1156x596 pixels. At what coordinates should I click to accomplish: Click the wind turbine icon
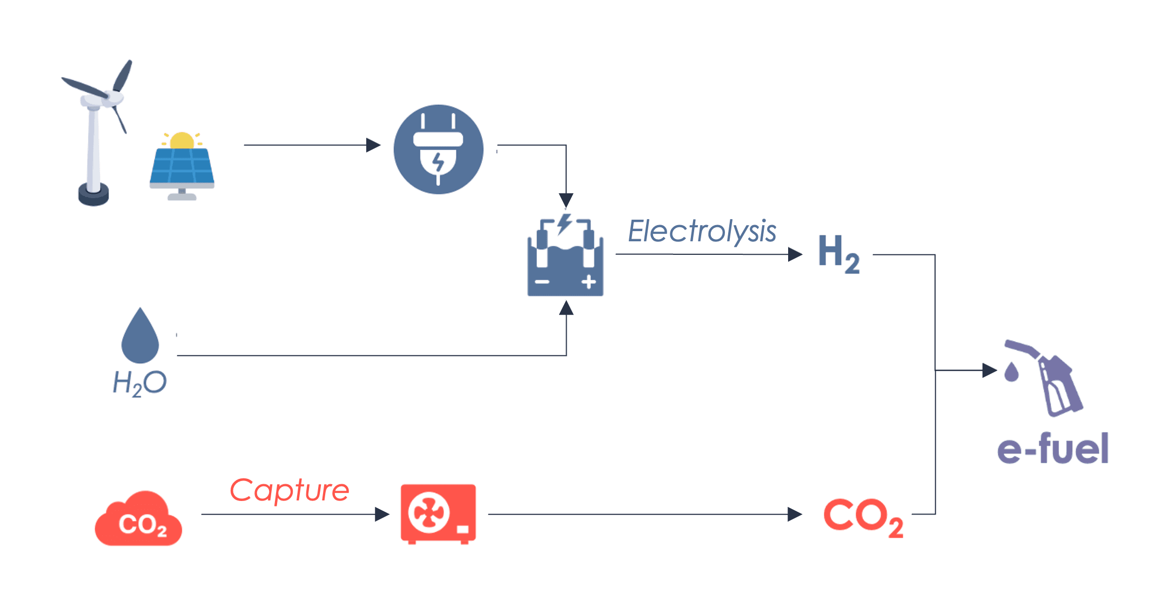(x=96, y=130)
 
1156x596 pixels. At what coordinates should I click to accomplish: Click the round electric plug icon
(x=438, y=149)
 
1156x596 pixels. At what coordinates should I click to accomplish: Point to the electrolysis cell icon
(x=565, y=258)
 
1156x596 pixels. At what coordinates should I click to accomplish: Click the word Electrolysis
(x=702, y=232)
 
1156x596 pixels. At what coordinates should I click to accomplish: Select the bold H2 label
(x=838, y=253)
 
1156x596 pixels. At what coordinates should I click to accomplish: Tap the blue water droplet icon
(x=140, y=337)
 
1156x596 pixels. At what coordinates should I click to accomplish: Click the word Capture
(x=290, y=490)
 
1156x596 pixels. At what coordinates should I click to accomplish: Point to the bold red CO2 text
(x=863, y=517)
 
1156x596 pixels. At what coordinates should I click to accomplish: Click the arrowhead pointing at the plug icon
(x=373, y=145)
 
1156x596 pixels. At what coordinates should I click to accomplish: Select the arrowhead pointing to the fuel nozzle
(x=990, y=370)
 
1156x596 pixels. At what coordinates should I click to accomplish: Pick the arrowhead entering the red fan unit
(x=382, y=514)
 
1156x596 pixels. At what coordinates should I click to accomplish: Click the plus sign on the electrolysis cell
(x=589, y=282)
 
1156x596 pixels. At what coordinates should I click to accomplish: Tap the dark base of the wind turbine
(x=93, y=194)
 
